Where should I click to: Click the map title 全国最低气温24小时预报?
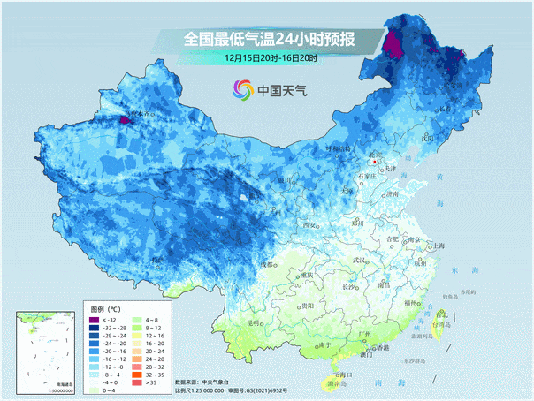270,39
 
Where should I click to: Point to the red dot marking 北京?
376,163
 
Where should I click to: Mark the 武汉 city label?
359,261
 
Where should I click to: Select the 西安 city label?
309,225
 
